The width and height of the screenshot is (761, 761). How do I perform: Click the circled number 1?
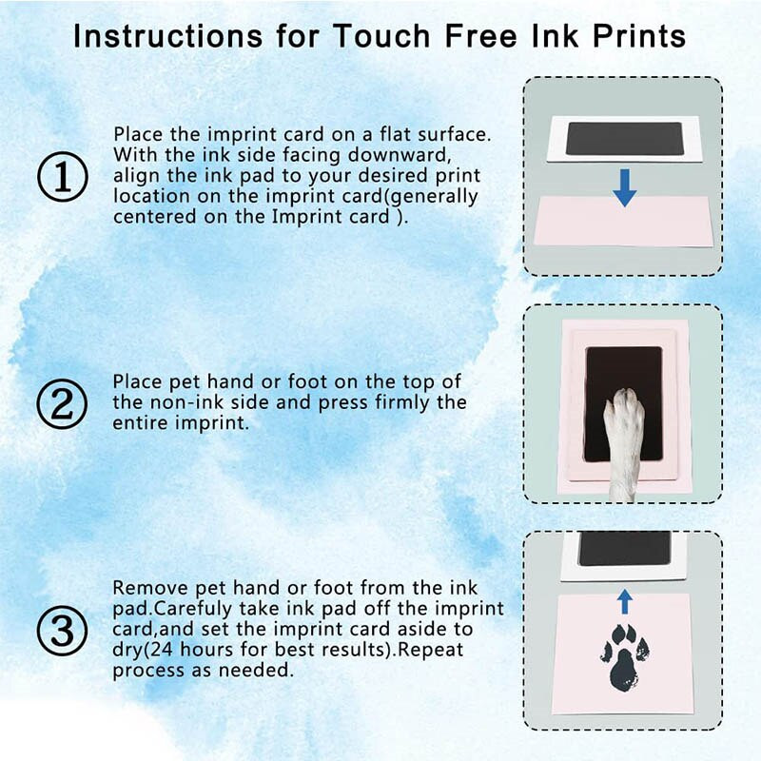coord(63,177)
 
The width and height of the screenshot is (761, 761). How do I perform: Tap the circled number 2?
coord(62,403)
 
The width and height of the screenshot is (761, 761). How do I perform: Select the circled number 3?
coord(62,631)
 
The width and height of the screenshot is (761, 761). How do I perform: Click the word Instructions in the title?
coord(168,36)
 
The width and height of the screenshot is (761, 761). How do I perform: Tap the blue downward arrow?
coord(625,187)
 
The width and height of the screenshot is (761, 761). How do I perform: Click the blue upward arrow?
coord(625,602)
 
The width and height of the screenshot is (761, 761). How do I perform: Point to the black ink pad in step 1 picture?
coord(624,139)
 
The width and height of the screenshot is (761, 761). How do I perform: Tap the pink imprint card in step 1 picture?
coord(624,222)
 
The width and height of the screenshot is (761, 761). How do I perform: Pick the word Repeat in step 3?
coord(431,650)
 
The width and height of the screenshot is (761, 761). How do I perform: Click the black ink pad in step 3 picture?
coord(625,549)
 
